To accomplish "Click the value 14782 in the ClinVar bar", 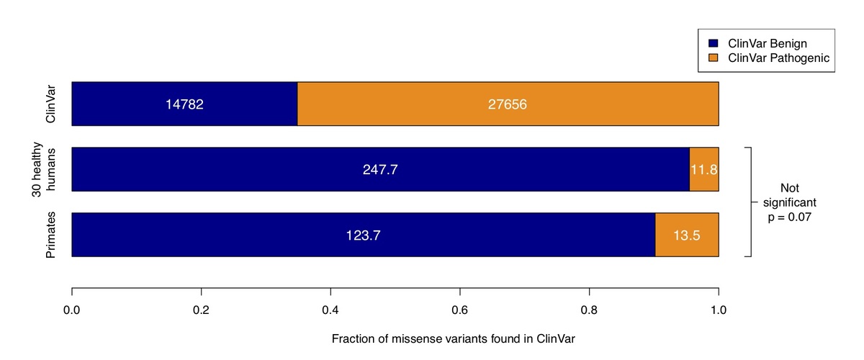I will pos(185,104).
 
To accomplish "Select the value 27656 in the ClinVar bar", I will pos(508,104).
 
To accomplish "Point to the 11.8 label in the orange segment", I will pos(704,170).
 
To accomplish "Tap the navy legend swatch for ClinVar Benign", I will pos(714,43).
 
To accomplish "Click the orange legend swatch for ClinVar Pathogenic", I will pos(714,58).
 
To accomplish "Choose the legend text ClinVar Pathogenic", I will pos(779,58).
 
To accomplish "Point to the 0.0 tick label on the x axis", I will pos(72,310).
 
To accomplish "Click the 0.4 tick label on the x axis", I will pos(330,310).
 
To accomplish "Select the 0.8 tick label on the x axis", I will pos(589,310).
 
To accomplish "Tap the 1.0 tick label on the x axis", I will pos(718,310).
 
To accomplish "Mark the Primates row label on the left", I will pos(52,235).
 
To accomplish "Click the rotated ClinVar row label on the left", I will pos(52,104).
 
